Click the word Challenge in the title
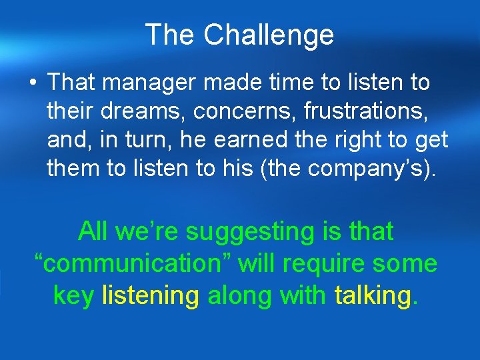pos(269,35)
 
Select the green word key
pos(74,295)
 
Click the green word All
pos(93,231)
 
